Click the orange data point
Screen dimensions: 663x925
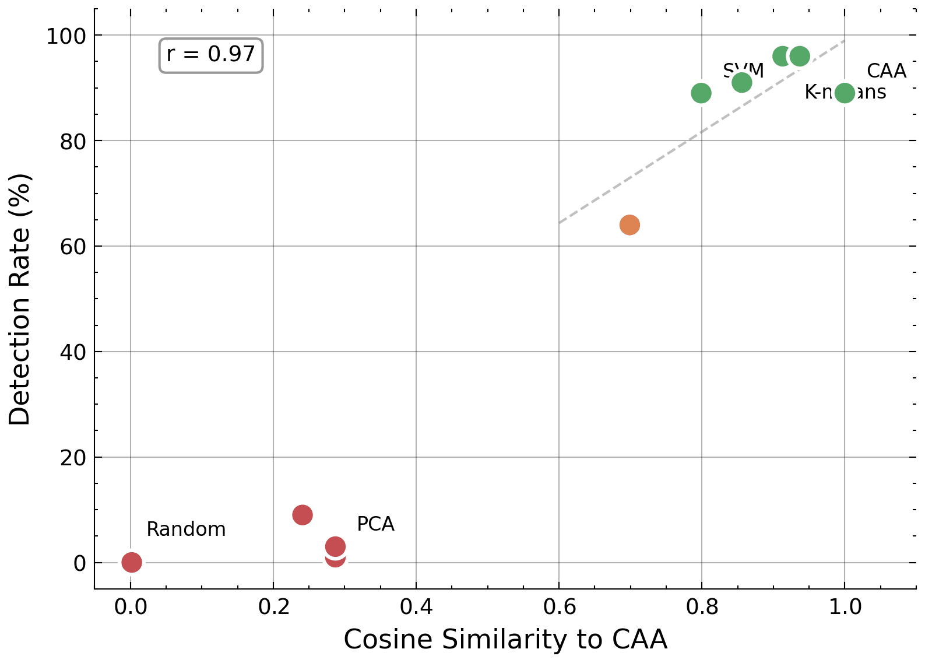(629, 224)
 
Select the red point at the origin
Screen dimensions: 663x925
(132, 562)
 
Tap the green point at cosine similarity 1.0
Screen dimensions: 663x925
(845, 93)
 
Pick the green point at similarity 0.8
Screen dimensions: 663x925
(701, 93)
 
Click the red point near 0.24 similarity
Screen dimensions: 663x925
(302, 515)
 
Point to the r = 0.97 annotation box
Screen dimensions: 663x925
(211, 55)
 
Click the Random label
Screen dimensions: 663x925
(186, 529)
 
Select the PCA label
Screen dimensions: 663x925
(375, 524)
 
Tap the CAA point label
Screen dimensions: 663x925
(886, 71)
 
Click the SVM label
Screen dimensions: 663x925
(744, 69)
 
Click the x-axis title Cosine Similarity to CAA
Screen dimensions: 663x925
(505, 640)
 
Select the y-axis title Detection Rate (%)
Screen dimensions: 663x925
(20, 299)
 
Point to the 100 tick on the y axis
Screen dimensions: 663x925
(66, 36)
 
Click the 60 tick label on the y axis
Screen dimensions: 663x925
(73, 247)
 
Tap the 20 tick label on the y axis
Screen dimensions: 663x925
(73, 458)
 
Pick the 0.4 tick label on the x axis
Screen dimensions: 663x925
(416, 607)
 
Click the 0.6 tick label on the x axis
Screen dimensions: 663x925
(559, 607)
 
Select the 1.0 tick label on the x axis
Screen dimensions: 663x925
(845, 607)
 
